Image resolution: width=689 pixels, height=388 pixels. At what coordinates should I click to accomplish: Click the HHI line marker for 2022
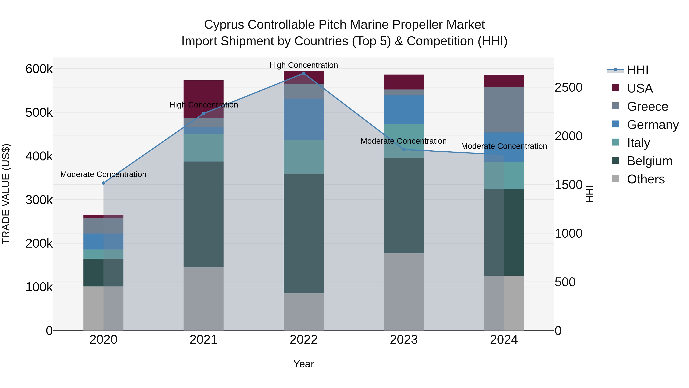coord(304,73)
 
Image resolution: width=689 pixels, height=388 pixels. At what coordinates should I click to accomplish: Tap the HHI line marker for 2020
coord(104,183)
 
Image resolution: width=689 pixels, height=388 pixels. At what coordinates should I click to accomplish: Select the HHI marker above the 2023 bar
coord(404,150)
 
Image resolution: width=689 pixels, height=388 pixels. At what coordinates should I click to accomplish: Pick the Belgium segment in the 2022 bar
coord(304,233)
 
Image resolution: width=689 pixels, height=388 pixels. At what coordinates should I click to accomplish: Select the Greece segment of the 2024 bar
coord(504,110)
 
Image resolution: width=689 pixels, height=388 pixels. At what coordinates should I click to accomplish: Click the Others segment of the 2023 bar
coord(404,292)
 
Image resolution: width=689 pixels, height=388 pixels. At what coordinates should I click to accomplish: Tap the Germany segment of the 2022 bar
coord(304,119)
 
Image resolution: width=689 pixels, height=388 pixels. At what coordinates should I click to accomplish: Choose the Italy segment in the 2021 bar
coord(204,148)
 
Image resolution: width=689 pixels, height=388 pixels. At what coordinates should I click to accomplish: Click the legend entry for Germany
coord(653,125)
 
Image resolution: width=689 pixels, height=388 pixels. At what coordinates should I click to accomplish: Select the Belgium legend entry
coord(649,161)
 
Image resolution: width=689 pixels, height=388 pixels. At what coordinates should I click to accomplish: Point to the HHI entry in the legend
coord(637,70)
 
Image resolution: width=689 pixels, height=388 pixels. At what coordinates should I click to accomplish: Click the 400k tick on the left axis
coord(39,156)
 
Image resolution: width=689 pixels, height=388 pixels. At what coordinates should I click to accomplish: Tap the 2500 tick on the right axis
coord(569,88)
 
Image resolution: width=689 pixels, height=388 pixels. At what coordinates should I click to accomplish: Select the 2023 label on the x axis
coord(404,340)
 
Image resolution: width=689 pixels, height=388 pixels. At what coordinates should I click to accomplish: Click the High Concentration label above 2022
coord(304,65)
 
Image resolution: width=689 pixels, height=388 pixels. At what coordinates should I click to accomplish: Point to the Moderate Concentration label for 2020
coord(104,175)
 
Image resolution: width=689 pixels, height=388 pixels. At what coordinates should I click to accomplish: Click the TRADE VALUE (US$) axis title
coord(6,194)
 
